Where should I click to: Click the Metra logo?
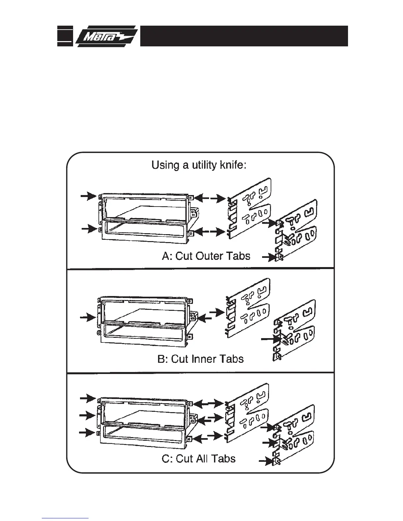coord(107,36)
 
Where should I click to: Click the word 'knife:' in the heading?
coord(233,165)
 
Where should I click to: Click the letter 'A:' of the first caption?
coord(168,256)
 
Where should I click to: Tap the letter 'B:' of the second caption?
coord(163,359)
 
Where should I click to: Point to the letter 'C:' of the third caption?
coord(167,459)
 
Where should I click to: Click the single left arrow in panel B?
coord(88,318)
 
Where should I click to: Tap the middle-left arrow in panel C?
coord(87,415)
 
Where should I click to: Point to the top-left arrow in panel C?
coord(88,399)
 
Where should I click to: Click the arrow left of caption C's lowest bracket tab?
coord(267,460)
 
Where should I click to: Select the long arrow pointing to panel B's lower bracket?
coord(271,339)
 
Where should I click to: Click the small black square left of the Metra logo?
coord(65,36)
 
